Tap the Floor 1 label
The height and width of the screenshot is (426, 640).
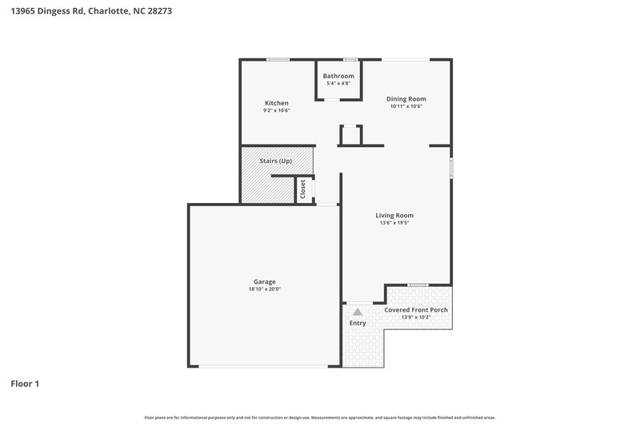[x=25, y=384]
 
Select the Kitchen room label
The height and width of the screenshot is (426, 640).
[x=277, y=103]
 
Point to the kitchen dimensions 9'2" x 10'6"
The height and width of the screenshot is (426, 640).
[x=277, y=111]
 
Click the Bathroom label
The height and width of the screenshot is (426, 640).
[x=338, y=76]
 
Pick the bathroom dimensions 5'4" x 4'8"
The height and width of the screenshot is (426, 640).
[x=338, y=83]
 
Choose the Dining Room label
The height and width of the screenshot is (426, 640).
[x=406, y=98]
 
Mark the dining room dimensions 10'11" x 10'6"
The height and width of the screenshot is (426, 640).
[x=406, y=106]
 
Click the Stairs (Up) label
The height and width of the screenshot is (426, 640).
[x=276, y=161]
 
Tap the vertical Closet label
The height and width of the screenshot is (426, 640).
[x=303, y=189]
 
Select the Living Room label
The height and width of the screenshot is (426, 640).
[x=394, y=215]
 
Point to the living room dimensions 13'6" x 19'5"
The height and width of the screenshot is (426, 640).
[x=394, y=223]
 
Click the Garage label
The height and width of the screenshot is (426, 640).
[x=265, y=281]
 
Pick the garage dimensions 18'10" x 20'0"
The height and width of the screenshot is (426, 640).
[x=265, y=289]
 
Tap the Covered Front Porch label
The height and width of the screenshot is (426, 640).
[x=416, y=309]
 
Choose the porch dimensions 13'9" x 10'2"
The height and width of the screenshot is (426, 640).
[x=416, y=317]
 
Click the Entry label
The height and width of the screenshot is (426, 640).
[x=358, y=323]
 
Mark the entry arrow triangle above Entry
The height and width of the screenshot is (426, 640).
[x=358, y=313]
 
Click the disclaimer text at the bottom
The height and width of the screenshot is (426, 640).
[x=319, y=417]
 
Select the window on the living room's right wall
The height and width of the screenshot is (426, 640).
[x=451, y=169]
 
